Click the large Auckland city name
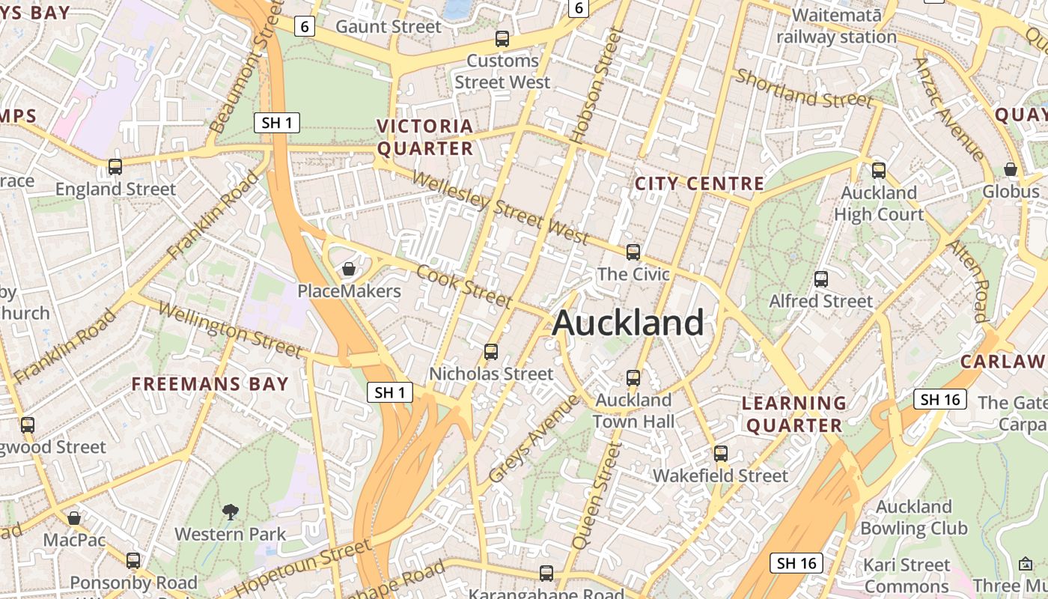[x=628, y=323]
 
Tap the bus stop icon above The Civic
[x=633, y=252]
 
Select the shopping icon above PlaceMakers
[x=349, y=269]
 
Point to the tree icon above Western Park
[x=231, y=512]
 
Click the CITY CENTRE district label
[x=699, y=183]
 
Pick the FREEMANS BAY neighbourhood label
[x=210, y=384]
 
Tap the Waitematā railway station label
[x=836, y=25]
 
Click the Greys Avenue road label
[x=534, y=439]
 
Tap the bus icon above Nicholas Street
[x=491, y=351]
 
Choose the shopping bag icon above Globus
[x=1011, y=170]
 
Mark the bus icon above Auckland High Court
[x=879, y=171]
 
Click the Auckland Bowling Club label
[x=913, y=517]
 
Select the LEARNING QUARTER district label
[x=794, y=414]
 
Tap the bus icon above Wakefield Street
[x=721, y=453]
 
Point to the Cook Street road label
[x=464, y=285]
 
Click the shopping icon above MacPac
[x=74, y=518]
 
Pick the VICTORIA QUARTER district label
[x=424, y=137]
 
